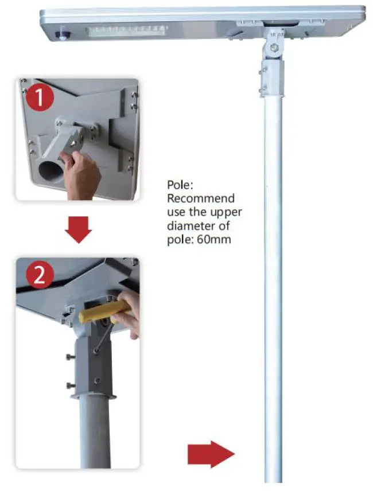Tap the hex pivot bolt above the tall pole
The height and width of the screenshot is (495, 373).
click(x=274, y=49)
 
